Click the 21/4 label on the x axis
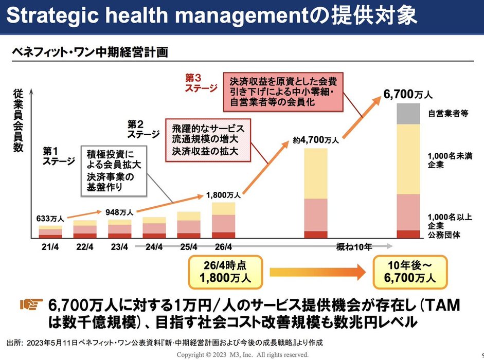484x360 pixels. [50, 246]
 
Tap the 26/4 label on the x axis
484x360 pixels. [223, 246]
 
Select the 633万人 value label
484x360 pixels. [50, 218]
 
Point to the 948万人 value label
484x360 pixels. [119, 211]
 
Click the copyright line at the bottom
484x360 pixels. [243, 355]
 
